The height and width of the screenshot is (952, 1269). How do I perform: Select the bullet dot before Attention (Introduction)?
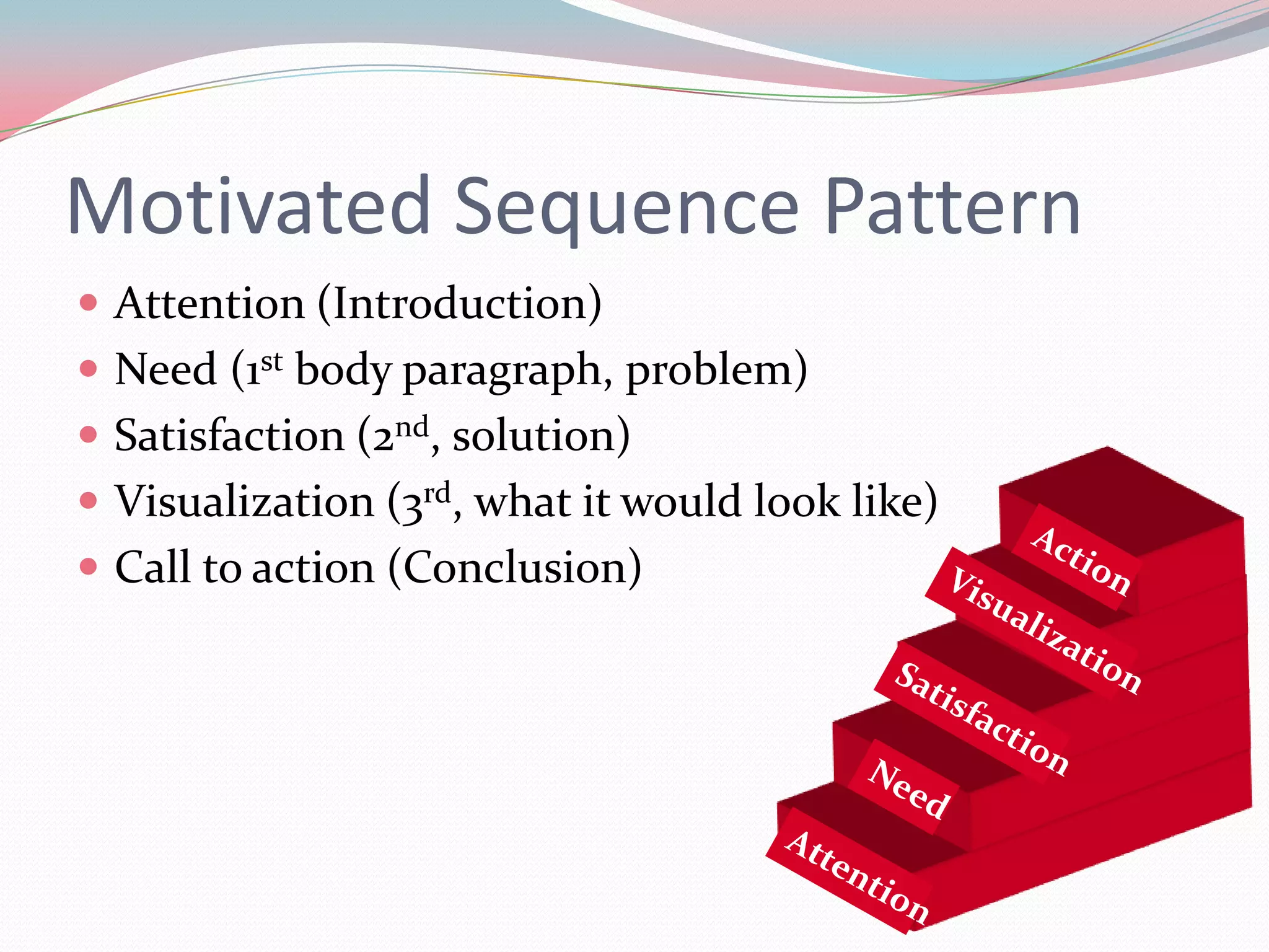coord(89,303)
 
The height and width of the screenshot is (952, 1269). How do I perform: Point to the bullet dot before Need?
coord(89,369)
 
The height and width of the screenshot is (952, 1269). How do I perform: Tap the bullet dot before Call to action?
coord(89,566)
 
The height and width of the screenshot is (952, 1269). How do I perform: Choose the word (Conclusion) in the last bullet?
coord(515,567)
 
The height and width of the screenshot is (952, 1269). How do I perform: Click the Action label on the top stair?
coord(1081,560)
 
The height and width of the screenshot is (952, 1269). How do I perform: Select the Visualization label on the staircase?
coord(1045,630)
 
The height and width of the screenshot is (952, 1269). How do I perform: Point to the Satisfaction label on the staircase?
coord(981,718)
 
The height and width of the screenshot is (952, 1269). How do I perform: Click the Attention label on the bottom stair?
coord(858,876)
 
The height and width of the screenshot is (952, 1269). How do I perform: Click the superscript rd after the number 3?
coord(437,493)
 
